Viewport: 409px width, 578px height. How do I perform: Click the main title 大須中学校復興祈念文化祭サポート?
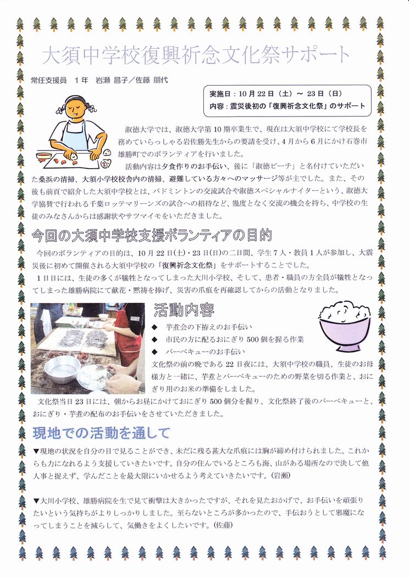pos(196,55)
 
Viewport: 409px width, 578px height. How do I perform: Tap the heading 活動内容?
pos(184,310)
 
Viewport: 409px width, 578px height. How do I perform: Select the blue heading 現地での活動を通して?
pos(101,433)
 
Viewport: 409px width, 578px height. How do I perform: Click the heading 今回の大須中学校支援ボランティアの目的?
pos(152,235)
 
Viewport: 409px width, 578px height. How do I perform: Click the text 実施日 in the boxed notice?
pos(220,93)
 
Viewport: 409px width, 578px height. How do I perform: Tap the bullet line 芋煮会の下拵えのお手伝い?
pos(209,326)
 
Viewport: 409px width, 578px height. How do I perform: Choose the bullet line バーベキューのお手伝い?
pos(205,352)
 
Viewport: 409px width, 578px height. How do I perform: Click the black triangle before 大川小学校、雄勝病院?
pos(36,500)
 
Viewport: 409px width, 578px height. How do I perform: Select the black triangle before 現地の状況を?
pos(36,451)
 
